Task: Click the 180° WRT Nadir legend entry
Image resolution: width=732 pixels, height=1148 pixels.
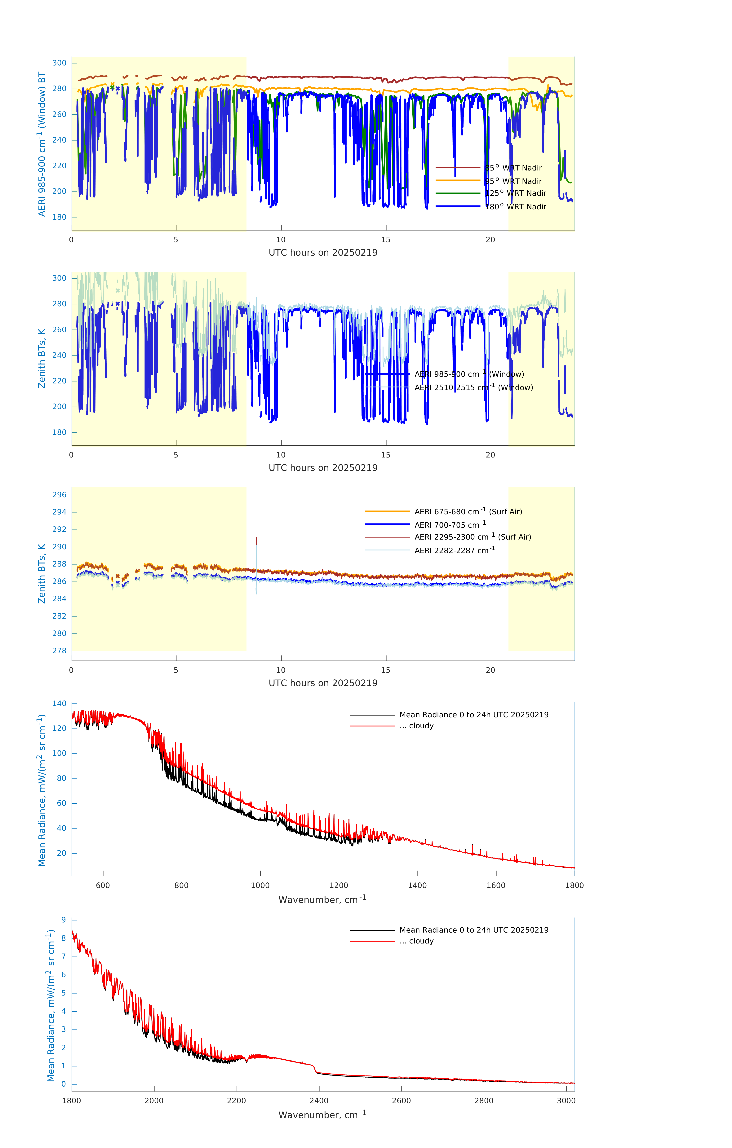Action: click(516, 206)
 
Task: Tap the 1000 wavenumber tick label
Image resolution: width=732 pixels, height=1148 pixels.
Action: click(260, 885)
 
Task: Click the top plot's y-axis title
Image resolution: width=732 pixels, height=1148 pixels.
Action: click(42, 144)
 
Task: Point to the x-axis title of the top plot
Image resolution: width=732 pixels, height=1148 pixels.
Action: click(323, 253)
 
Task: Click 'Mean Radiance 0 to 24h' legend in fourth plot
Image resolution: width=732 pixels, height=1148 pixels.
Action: click(473, 715)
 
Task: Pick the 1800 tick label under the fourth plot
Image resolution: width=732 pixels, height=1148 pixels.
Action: click(574, 885)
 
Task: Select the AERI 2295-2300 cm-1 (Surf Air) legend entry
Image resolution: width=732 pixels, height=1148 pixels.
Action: click(472, 537)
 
